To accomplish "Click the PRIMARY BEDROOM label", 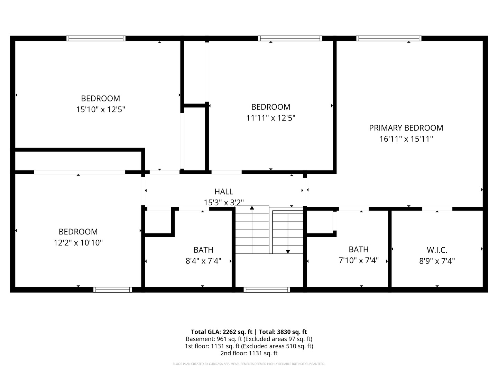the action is tap(406, 128).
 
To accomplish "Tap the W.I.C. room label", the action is tap(437, 250).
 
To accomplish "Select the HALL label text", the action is tap(224, 192).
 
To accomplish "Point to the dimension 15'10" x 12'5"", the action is tap(101, 109).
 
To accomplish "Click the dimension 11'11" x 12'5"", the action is tap(271, 118).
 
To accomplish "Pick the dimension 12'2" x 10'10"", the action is tap(78, 243).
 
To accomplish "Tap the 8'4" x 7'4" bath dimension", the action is tap(203, 261).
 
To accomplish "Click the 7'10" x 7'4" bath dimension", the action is tap(359, 260).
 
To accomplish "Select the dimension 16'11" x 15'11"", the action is tap(406, 139).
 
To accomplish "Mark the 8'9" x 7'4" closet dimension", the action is tap(437, 261).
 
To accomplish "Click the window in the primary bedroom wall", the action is tap(389, 38).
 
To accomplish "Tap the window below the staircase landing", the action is tap(267, 290).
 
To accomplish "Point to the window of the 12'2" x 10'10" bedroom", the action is tap(112, 290).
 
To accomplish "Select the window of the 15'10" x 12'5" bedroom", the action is tap(96, 38).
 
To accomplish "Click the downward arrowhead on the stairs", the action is tap(288, 252).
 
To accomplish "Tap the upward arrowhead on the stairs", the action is tap(252, 208).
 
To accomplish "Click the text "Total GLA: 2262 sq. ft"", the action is tap(222, 332).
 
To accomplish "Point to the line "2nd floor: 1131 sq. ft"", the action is tap(249, 353).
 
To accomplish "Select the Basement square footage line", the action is tap(249, 339).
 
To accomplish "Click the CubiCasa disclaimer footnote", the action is tap(249, 364).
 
